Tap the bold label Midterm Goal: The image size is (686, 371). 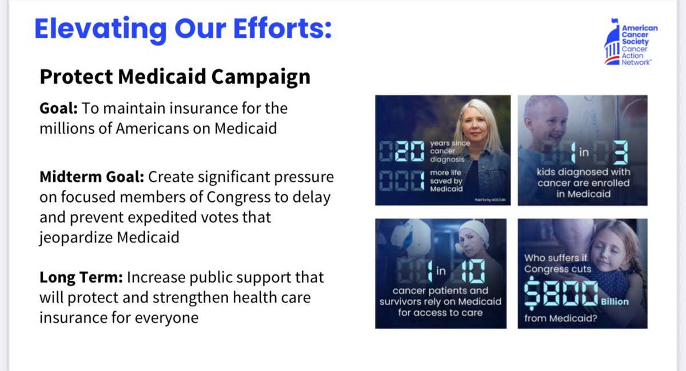tap(91, 177)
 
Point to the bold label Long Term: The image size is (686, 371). tap(81, 277)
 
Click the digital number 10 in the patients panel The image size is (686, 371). tap(471, 272)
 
